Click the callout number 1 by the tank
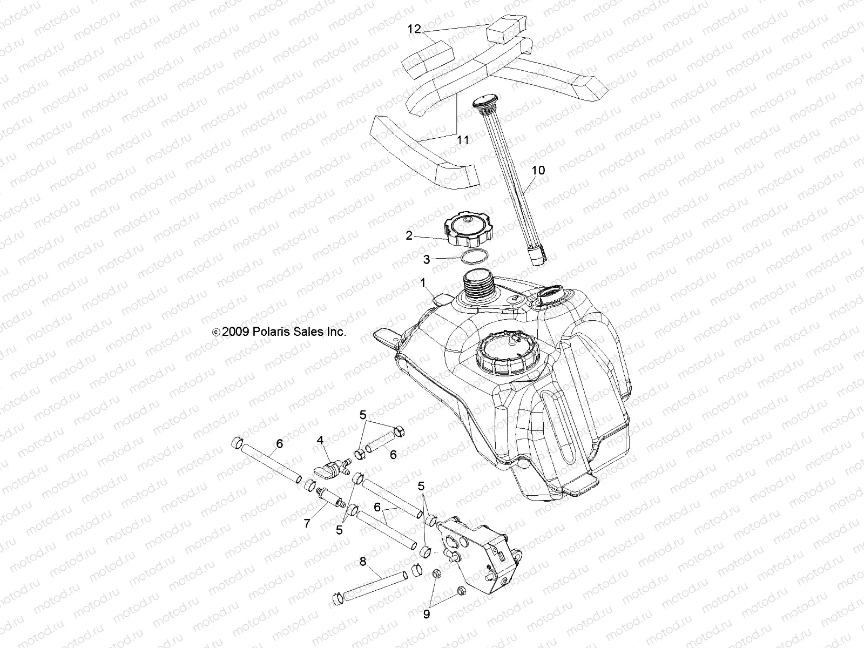[x=423, y=282]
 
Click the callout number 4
[x=320, y=441]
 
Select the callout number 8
[x=362, y=562]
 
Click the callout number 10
[x=538, y=171]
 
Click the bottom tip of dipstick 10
[x=538, y=259]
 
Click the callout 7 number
[x=307, y=523]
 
